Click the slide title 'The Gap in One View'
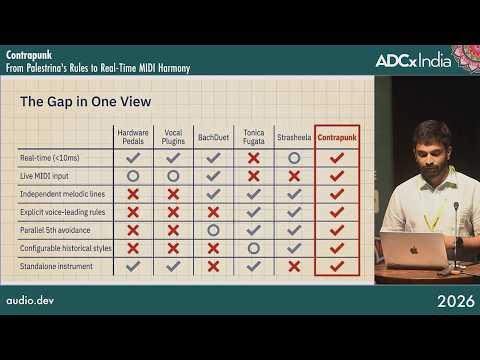click(86, 102)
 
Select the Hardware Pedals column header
click(133, 137)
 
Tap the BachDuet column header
click(213, 137)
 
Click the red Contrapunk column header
click(337, 137)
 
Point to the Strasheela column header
click(294, 137)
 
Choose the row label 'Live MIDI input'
click(44, 176)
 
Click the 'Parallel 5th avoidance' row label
click(55, 230)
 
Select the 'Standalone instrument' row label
click(56, 266)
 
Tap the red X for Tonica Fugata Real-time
click(254, 158)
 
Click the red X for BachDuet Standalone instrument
click(213, 266)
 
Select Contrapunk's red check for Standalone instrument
click(337, 266)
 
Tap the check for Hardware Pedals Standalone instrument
click(133, 266)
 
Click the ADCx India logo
click(413, 61)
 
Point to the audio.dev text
click(30, 300)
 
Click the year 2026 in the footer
click(456, 301)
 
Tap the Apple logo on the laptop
click(414, 250)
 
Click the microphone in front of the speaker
click(456, 233)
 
